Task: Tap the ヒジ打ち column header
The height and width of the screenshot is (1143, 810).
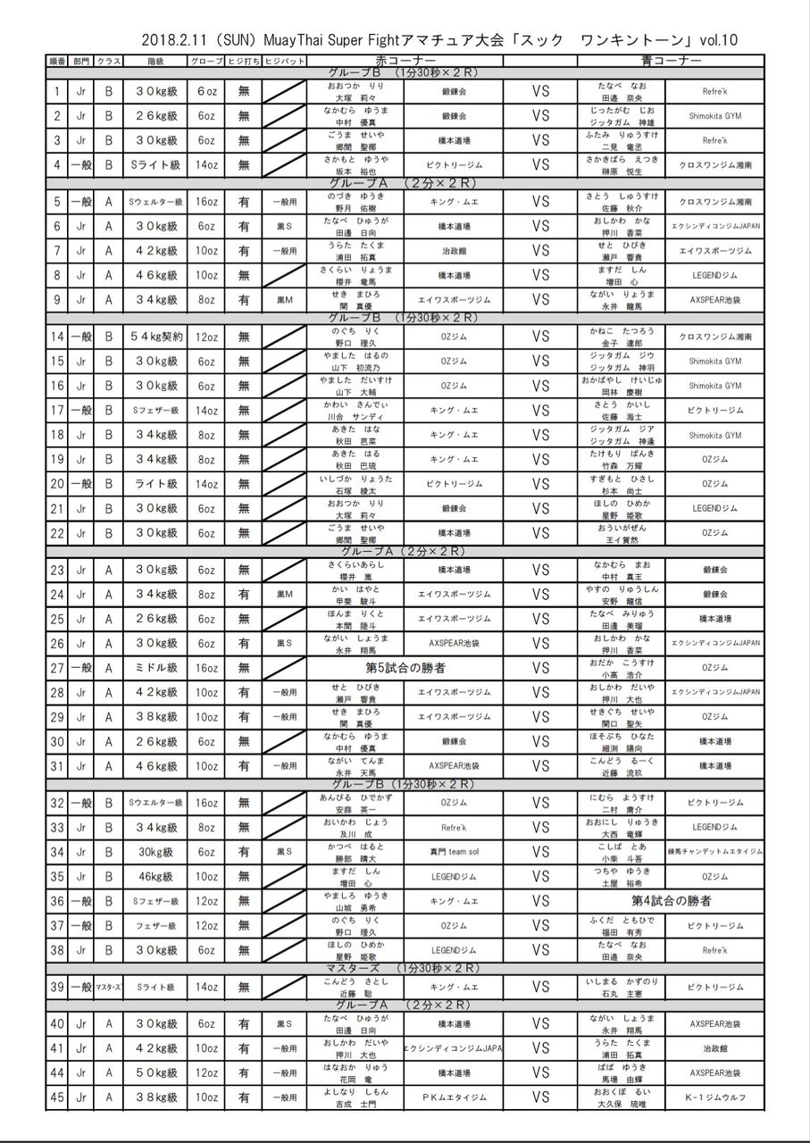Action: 243,61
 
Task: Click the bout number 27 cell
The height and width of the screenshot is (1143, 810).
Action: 57,667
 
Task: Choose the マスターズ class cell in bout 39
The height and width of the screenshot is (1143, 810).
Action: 108,987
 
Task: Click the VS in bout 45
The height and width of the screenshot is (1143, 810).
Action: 540,1097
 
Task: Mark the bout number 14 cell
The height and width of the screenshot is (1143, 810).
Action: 57,337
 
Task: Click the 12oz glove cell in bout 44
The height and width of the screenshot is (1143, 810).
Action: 205,1072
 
